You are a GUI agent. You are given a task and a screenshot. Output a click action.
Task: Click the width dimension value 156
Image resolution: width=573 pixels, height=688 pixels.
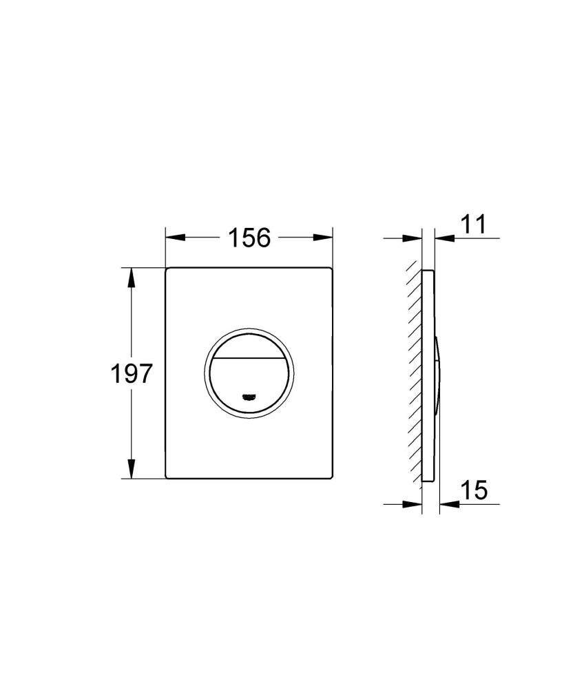(249, 238)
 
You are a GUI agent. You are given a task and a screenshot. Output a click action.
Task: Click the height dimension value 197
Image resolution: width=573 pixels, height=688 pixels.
(131, 374)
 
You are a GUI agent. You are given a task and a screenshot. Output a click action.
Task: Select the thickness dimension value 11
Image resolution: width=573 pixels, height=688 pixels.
(472, 224)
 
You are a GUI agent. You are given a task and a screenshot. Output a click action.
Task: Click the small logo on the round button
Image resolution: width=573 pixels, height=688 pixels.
(249, 396)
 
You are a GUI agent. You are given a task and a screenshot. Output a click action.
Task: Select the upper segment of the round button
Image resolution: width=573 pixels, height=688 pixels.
(249, 342)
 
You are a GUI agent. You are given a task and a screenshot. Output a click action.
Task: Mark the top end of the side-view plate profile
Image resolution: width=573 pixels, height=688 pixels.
(428, 269)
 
